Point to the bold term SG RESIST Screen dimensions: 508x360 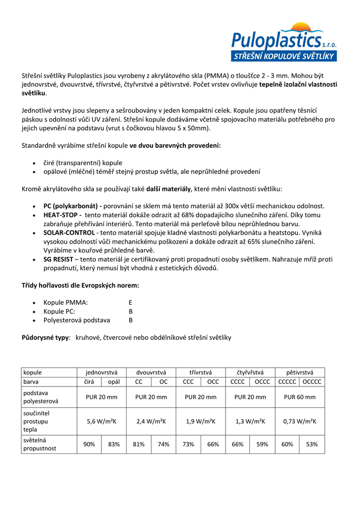click(59, 259)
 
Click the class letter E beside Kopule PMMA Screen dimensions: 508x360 click(131, 302)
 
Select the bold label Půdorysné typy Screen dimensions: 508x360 click(45, 337)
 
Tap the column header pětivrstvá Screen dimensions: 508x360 click(300, 372)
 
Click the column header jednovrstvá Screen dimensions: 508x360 click(101, 372)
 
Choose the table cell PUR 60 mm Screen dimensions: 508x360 click(300, 397)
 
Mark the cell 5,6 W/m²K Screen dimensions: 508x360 click(101, 421)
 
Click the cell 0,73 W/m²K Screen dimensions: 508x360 click(300, 421)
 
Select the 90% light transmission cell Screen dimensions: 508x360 click(89, 444)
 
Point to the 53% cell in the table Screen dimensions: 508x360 click(312, 444)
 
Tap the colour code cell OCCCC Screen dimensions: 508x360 click(312, 382)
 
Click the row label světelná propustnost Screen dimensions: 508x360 click(40, 444)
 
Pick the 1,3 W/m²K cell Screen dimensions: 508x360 click(250, 421)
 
